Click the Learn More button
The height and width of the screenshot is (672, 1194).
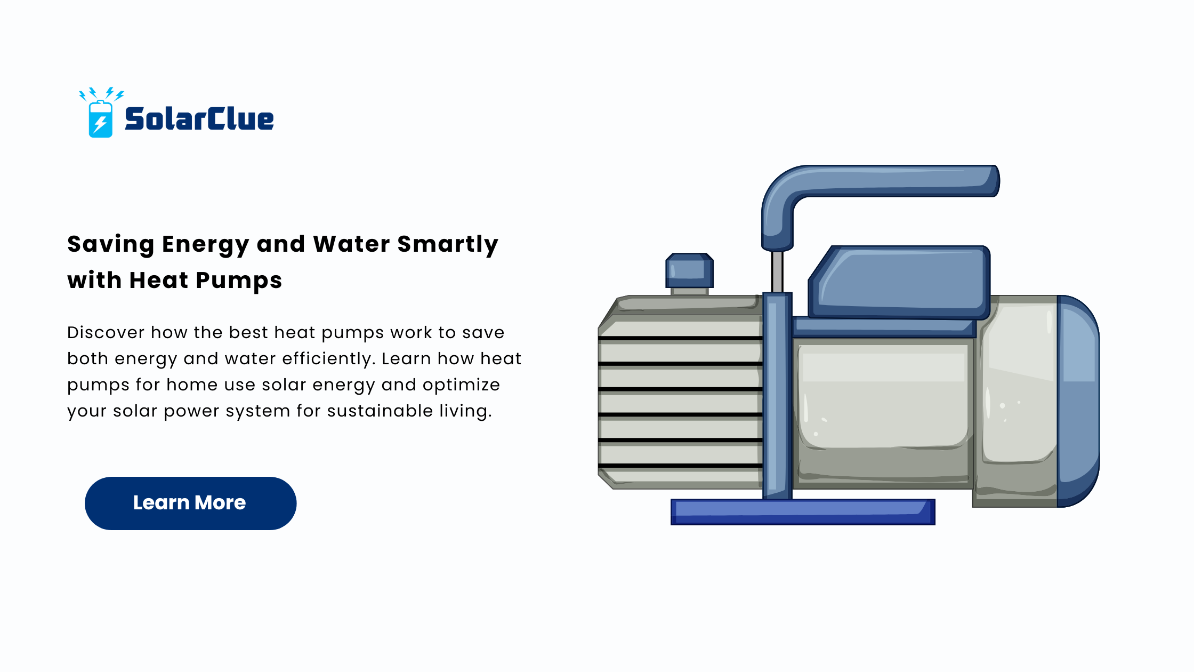(x=190, y=503)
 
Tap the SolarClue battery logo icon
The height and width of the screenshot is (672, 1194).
(x=101, y=113)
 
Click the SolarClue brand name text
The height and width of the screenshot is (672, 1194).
(x=199, y=118)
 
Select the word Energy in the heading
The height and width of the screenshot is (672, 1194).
(x=205, y=244)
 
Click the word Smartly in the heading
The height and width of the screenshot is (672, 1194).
(x=448, y=244)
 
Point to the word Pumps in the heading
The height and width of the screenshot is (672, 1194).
(x=239, y=281)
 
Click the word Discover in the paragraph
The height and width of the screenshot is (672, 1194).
(x=106, y=332)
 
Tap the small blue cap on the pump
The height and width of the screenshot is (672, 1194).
(x=689, y=270)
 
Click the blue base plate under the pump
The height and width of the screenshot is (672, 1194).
(x=803, y=512)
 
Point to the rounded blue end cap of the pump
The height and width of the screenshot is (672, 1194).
(x=1078, y=401)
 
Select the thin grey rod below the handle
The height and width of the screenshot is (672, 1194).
(x=777, y=272)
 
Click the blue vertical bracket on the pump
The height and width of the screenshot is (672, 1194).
(x=777, y=396)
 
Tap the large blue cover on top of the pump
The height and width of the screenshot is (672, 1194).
(x=899, y=282)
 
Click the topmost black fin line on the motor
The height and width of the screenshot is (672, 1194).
(x=680, y=338)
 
